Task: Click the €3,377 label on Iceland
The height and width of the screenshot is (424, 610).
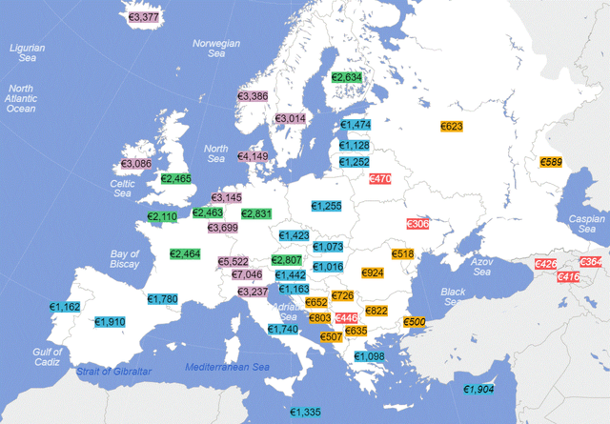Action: coord(144,17)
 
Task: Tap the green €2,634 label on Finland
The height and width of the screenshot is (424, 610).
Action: coord(346,77)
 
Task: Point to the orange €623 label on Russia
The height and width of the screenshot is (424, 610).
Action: coord(452,127)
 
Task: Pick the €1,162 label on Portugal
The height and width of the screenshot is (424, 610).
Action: coord(66,307)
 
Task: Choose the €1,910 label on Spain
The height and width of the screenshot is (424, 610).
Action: coord(111,322)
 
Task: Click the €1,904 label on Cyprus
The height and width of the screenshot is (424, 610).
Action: coord(478,389)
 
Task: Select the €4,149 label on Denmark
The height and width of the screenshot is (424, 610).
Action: coord(254,156)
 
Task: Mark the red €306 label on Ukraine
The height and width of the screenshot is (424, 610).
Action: coord(417,223)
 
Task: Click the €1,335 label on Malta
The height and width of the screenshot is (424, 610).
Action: coord(306,412)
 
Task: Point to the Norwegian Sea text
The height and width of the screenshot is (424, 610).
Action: coord(217,50)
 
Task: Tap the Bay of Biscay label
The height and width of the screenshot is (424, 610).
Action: coord(125,260)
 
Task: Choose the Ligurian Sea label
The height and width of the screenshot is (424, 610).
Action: coord(28,52)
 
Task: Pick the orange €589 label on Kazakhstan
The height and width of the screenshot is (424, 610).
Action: coord(552,163)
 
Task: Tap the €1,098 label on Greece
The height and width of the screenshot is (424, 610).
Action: coord(370,356)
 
